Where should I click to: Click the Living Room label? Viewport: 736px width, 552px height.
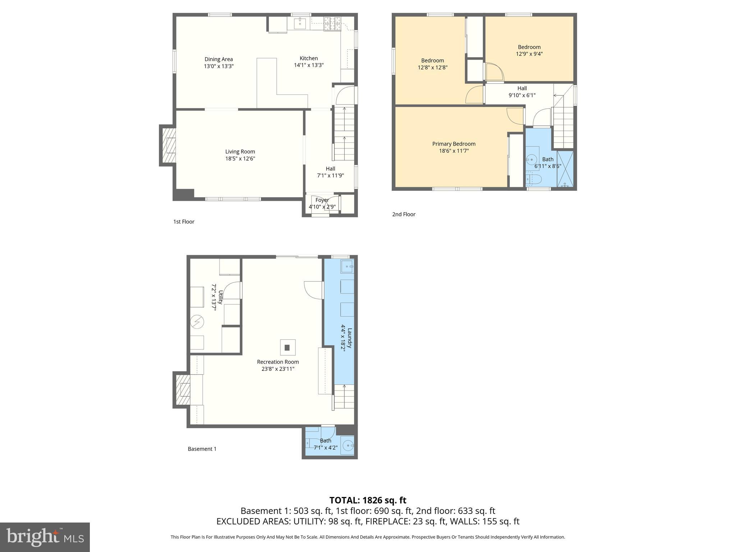click(240, 152)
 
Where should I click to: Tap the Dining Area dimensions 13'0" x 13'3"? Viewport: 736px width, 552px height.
click(218, 66)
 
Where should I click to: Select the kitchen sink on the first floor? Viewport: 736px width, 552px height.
click(300, 24)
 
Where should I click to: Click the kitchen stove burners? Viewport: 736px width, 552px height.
click(332, 24)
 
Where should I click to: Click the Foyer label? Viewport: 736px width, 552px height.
click(322, 200)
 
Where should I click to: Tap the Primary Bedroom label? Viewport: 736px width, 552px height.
click(454, 144)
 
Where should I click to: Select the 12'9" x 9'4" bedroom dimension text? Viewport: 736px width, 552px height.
click(529, 54)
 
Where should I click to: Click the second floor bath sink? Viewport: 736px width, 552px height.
click(532, 159)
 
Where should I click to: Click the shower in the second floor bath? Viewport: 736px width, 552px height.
click(565, 169)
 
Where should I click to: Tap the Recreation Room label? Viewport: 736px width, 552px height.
click(278, 362)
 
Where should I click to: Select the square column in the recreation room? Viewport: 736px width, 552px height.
click(287, 348)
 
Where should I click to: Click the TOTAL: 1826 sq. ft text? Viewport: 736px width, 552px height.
click(368, 500)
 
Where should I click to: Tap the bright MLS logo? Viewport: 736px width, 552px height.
click(45, 537)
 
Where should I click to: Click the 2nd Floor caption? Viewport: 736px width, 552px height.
click(404, 214)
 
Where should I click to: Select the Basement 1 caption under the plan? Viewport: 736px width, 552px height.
click(202, 449)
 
